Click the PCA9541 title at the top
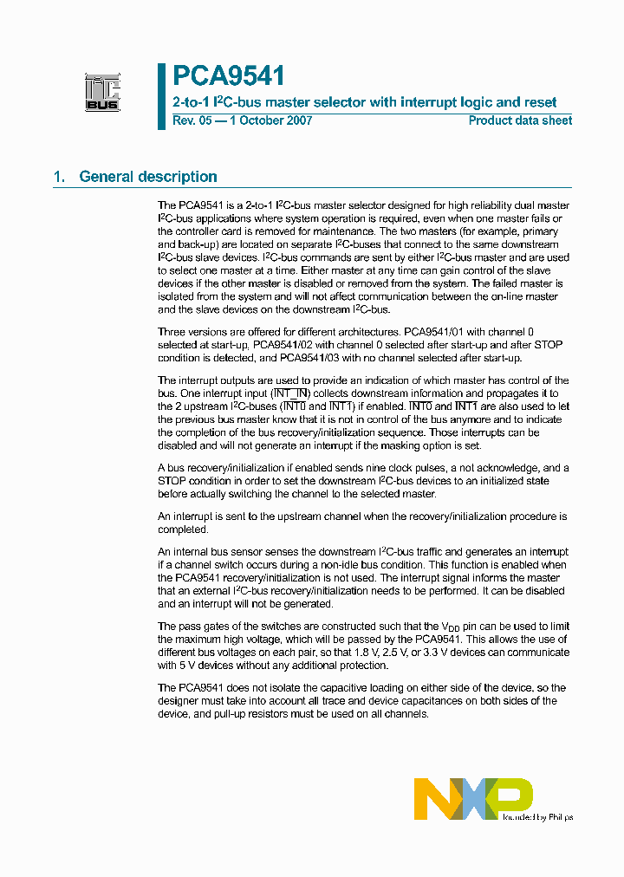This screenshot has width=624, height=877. [x=228, y=77]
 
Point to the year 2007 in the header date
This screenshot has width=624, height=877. [x=300, y=120]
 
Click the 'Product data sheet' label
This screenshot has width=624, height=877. [x=520, y=120]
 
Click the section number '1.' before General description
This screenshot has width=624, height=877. [x=60, y=177]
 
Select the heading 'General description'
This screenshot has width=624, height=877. [x=148, y=177]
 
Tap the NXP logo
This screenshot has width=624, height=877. [x=473, y=798]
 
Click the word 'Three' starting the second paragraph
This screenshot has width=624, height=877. [x=172, y=332]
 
